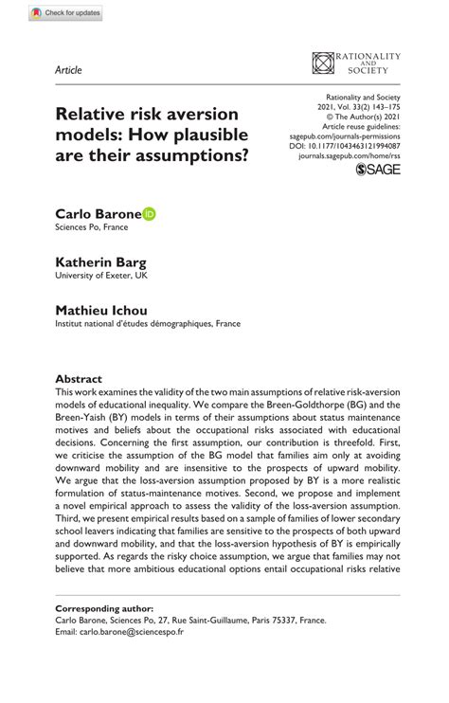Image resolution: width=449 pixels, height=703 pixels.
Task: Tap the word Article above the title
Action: click(68, 71)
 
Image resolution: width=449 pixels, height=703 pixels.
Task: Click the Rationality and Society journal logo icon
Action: click(324, 63)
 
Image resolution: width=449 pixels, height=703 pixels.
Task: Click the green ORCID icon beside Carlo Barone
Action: click(150, 215)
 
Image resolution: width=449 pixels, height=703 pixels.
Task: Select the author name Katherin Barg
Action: click(100, 261)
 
